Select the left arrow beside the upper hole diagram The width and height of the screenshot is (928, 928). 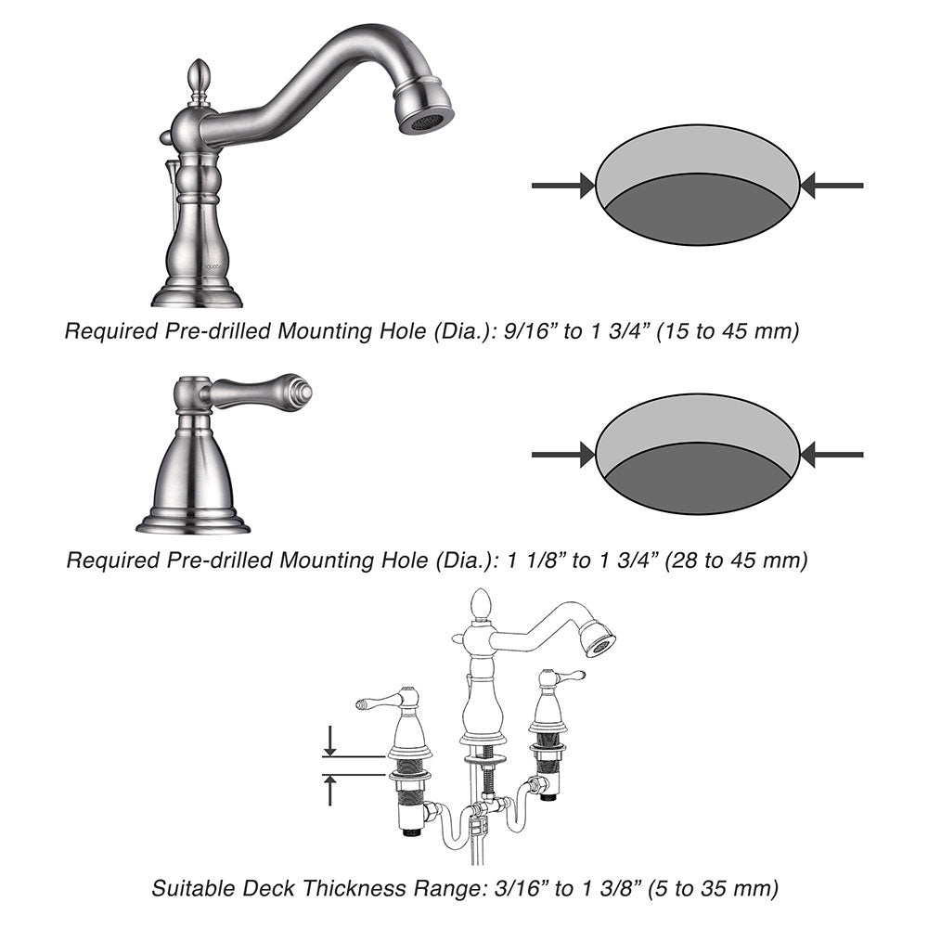click(x=563, y=186)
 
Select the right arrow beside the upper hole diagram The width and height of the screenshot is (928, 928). click(x=831, y=186)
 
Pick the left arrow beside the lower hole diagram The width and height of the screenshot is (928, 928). click(x=563, y=455)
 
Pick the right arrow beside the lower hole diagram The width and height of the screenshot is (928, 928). click(x=831, y=455)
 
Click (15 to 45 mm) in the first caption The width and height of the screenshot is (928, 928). click(x=728, y=331)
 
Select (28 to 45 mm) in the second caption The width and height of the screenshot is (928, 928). click(x=737, y=560)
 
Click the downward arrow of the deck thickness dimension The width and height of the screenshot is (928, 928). click(x=330, y=741)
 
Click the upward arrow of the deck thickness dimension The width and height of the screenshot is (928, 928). click(x=330, y=790)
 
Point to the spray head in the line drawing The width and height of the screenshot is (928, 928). click(x=596, y=638)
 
